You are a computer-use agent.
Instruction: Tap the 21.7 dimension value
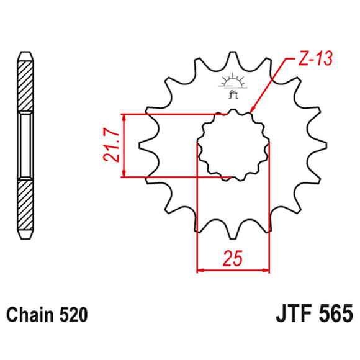[x=112, y=146]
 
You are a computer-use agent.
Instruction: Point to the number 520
[x=73, y=315]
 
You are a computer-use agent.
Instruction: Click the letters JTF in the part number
[x=291, y=312]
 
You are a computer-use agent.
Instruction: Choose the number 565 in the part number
[x=336, y=312]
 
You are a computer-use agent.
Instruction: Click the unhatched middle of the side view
[x=24, y=144]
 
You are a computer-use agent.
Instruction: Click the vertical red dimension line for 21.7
[x=125, y=146]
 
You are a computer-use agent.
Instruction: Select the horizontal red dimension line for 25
[x=233, y=271]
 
